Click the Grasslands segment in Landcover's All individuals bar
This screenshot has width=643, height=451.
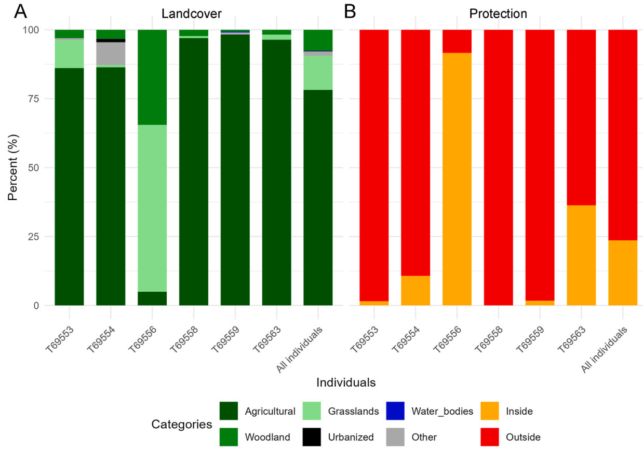tap(318, 73)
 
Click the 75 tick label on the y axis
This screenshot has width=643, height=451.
tap(36, 99)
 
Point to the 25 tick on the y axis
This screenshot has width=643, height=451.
tap(36, 237)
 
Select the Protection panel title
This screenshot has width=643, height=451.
tap(498, 14)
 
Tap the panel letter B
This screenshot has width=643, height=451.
tap(350, 11)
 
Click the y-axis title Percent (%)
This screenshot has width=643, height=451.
tap(15, 167)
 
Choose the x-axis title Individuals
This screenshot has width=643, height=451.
tap(346, 383)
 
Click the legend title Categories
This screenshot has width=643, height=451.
tap(181, 425)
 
